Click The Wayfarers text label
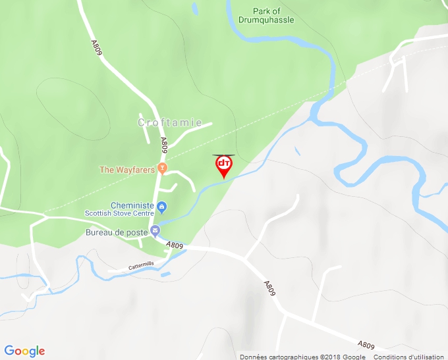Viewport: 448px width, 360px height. pos(127,169)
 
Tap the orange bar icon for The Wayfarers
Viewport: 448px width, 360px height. pos(162,169)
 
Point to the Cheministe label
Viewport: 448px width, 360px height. pos(132,205)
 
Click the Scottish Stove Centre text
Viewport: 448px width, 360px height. pos(119,213)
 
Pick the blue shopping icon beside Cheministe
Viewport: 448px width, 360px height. pos(162,207)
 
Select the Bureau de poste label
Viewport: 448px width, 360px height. pos(116,232)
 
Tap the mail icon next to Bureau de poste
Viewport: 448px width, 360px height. pos(155,231)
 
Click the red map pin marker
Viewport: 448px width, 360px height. pos(224,165)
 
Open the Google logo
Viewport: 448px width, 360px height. pos(24,351)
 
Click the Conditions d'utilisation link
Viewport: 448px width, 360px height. pos(409,357)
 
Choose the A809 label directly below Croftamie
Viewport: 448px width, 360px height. pos(165,145)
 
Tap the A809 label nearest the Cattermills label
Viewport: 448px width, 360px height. pos(175,245)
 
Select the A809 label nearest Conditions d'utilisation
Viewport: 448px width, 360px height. pos(366,345)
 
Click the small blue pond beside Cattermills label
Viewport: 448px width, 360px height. pos(165,273)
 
